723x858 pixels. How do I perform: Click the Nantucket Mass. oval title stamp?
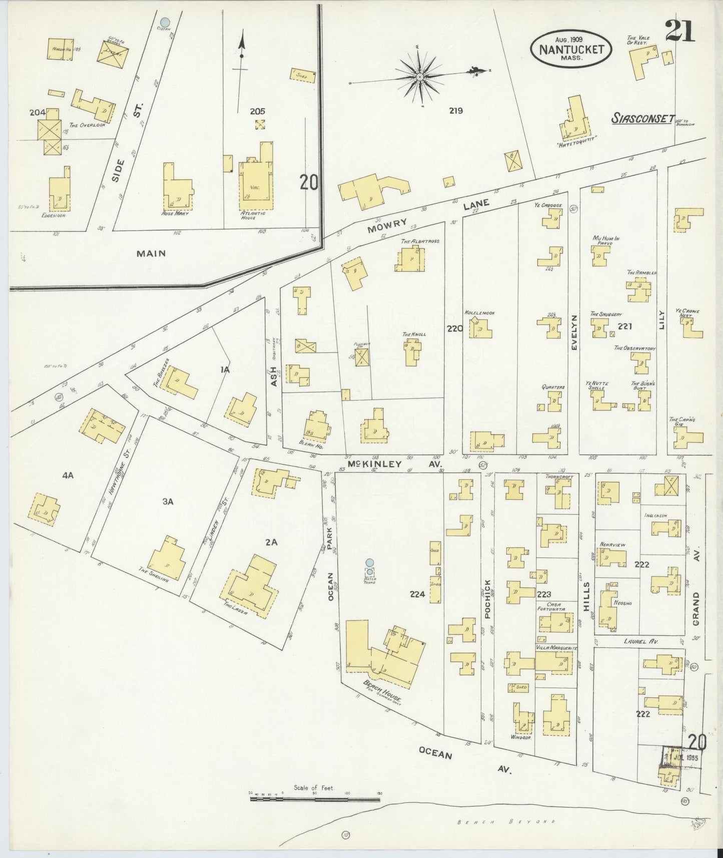(x=570, y=50)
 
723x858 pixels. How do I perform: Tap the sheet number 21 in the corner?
(x=680, y=32)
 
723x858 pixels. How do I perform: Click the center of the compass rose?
(x=419, y=77)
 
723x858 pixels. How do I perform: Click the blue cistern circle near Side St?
(x=165, y=22)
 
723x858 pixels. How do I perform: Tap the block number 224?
(x=417, y=594)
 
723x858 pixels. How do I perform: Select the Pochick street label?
(x=488, y=598)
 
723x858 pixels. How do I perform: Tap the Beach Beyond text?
(x=508, y=821)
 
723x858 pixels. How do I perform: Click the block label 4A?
(x=68, y=476)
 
